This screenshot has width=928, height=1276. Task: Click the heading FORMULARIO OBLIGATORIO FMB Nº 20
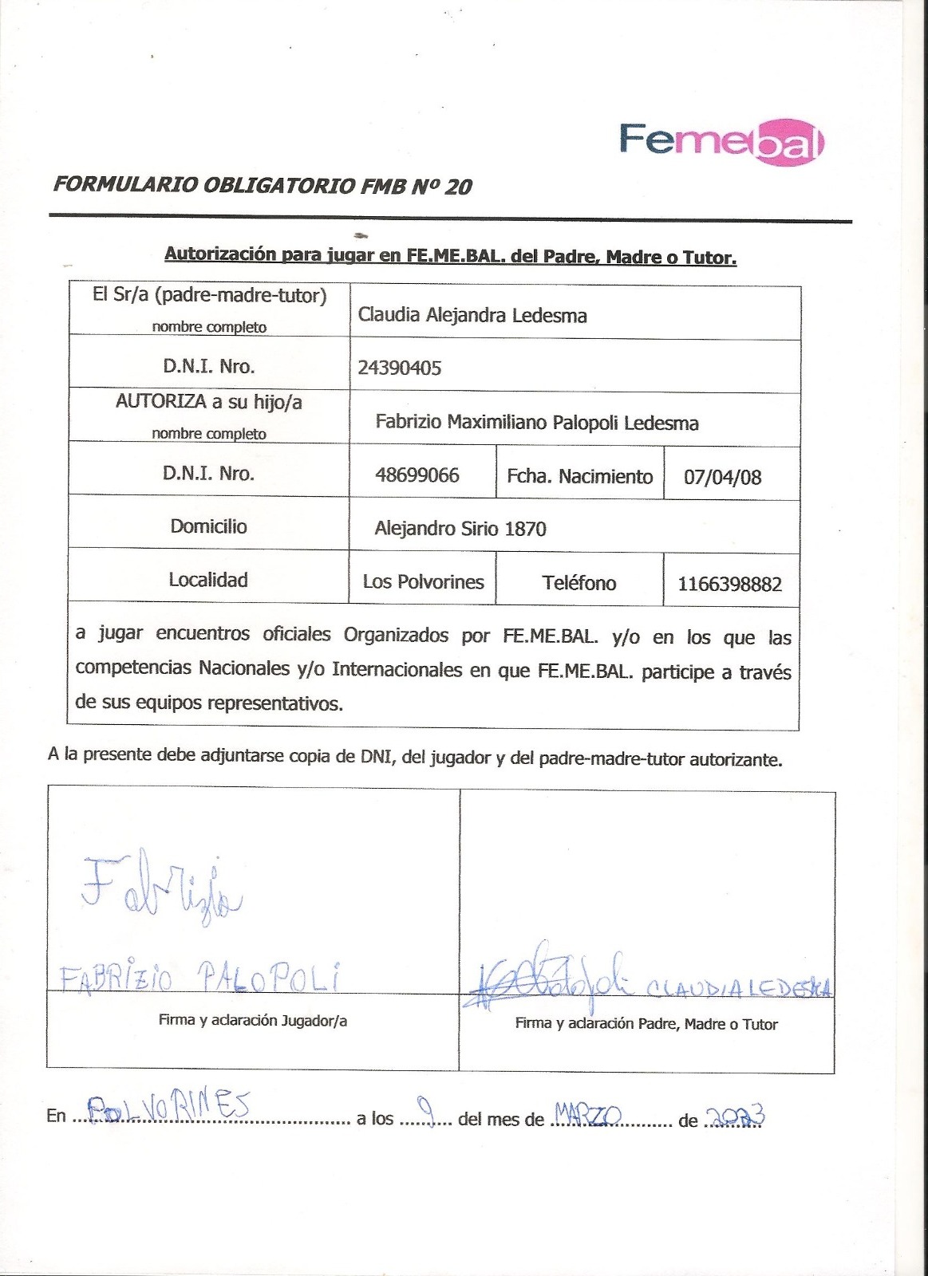pyautogui.click(x=263, y=186)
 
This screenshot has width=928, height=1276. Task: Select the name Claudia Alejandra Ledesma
pyautogui.click(x=472, y=315)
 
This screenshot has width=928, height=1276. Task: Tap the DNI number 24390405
pyautogui.click(x=399, y=368)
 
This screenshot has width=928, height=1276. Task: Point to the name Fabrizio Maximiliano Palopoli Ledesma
pyautogui.click(x=537, y=423)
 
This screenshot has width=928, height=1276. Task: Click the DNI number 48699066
pyautogui.click(x=417, y=475)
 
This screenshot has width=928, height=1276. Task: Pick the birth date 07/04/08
pyautogui.click(x=722, y=477)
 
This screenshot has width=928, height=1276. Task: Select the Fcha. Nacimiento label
pyautogui.click(x=579, y=476)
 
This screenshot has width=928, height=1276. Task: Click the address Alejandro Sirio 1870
pyautogui.click(x=460, y=529)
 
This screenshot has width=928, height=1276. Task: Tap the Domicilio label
pyautogui.click(x=208, y=526)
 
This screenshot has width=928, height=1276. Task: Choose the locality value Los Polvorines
pyautogui.click(x=423, y=581)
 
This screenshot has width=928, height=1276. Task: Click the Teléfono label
pyautogui.click(x=579, y=583)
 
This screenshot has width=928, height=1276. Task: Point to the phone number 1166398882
pyautogui.click(x=729, y=585)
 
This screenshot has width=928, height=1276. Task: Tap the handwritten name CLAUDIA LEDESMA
pyautogui.click(x=737, y=989)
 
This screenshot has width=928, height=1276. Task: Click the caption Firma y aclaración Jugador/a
pyautogui.click(x=252, y=1020)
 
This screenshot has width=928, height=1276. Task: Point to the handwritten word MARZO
pyautogui.click(x=587, y=1113)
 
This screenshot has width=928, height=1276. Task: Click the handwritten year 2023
pyautogui.click(x=736, y=1116)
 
